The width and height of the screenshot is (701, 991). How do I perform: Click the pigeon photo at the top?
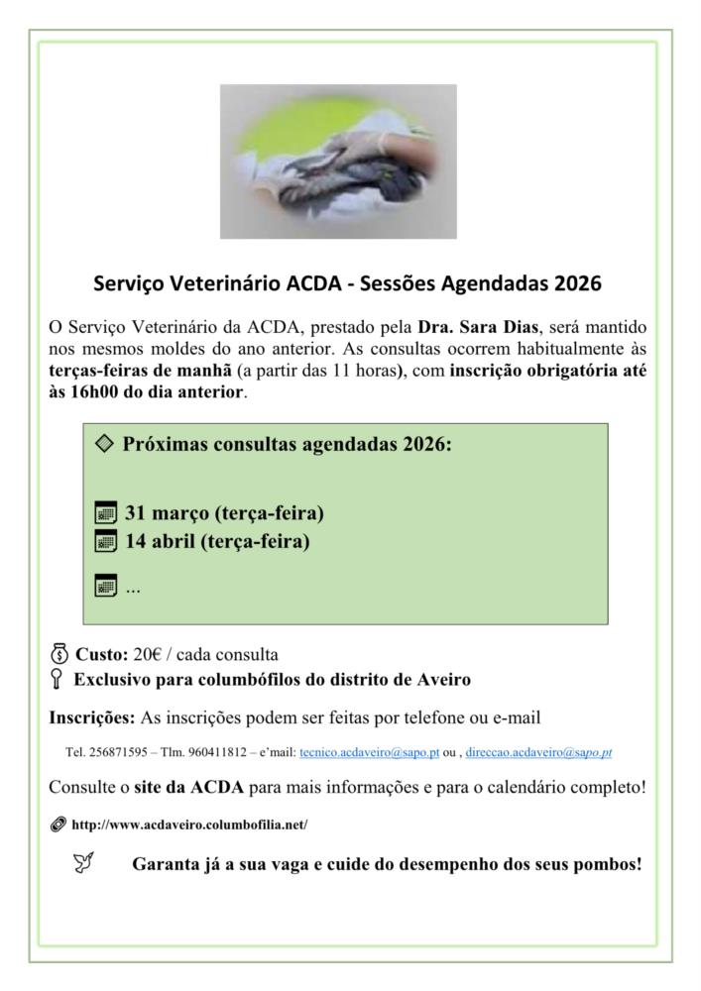[338, 161]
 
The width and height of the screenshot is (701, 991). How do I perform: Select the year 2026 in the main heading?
[578, 284]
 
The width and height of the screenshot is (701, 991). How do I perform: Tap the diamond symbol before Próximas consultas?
[104, 443]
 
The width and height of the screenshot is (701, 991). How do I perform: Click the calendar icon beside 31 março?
[105, 514]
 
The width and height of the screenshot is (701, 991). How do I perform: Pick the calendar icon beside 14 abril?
[105, 542]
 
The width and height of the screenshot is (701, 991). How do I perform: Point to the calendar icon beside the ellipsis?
[105, 587]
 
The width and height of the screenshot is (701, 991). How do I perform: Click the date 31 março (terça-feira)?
[224, 514]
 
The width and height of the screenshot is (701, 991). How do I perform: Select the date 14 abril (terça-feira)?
[216, 542]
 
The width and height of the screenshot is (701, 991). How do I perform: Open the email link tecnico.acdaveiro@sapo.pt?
[369, 752]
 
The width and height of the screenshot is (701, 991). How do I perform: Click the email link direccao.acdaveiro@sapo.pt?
[538, 752]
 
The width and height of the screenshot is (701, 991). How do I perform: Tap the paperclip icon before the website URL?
[58, 825]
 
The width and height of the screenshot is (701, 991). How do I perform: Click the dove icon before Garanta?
[84, 863]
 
